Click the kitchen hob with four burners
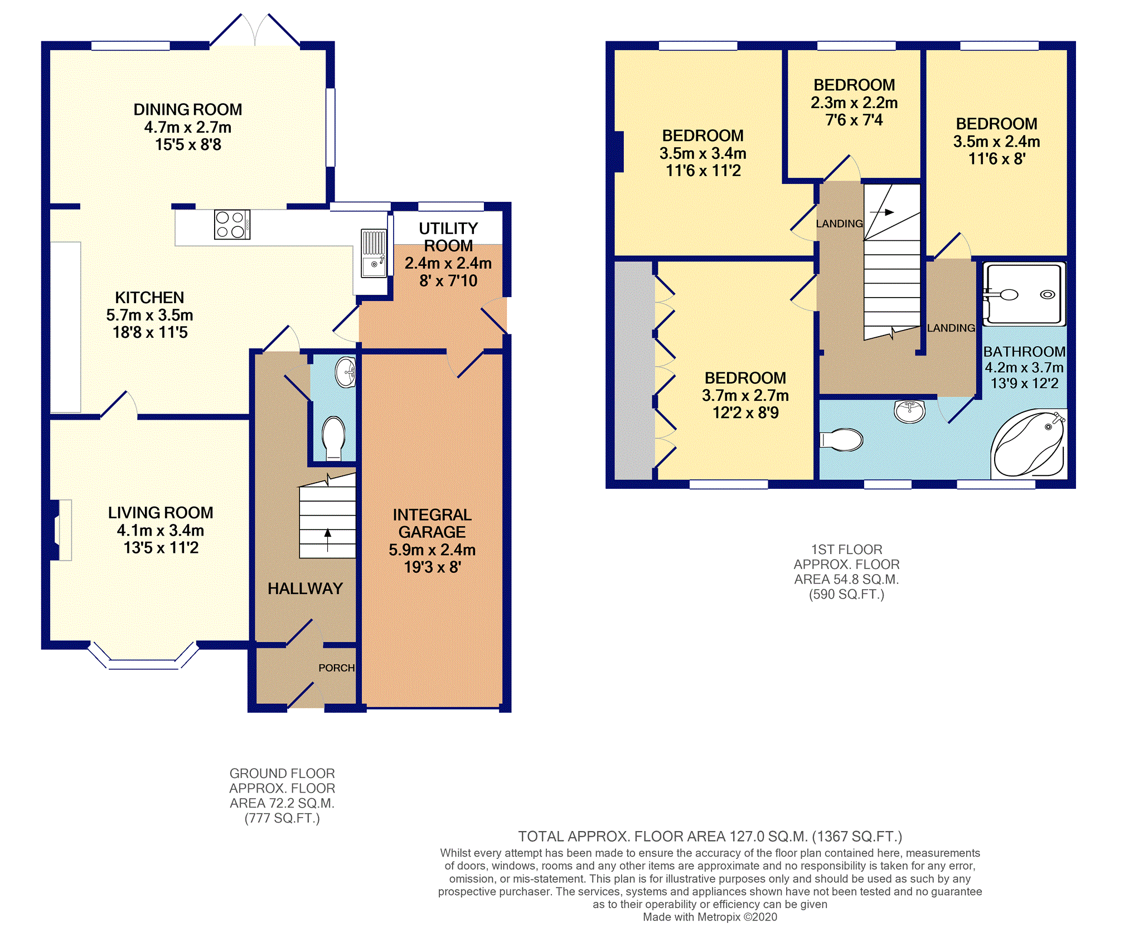coord(232,225)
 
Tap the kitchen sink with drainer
coord(374,254)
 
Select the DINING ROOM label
coord(188,110)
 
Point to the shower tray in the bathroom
coord(1024,294)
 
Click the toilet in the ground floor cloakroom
coord(334,438)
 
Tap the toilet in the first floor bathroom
coord(842,440)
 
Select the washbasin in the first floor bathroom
coord(909,411)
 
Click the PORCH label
coord(336,668)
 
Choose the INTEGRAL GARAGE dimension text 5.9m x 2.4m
coord(432,550)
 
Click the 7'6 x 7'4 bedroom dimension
coord(854,120)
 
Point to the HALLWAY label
coord(305,589)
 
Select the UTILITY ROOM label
coord(448,237)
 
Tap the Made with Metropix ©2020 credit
coord(710,917)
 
